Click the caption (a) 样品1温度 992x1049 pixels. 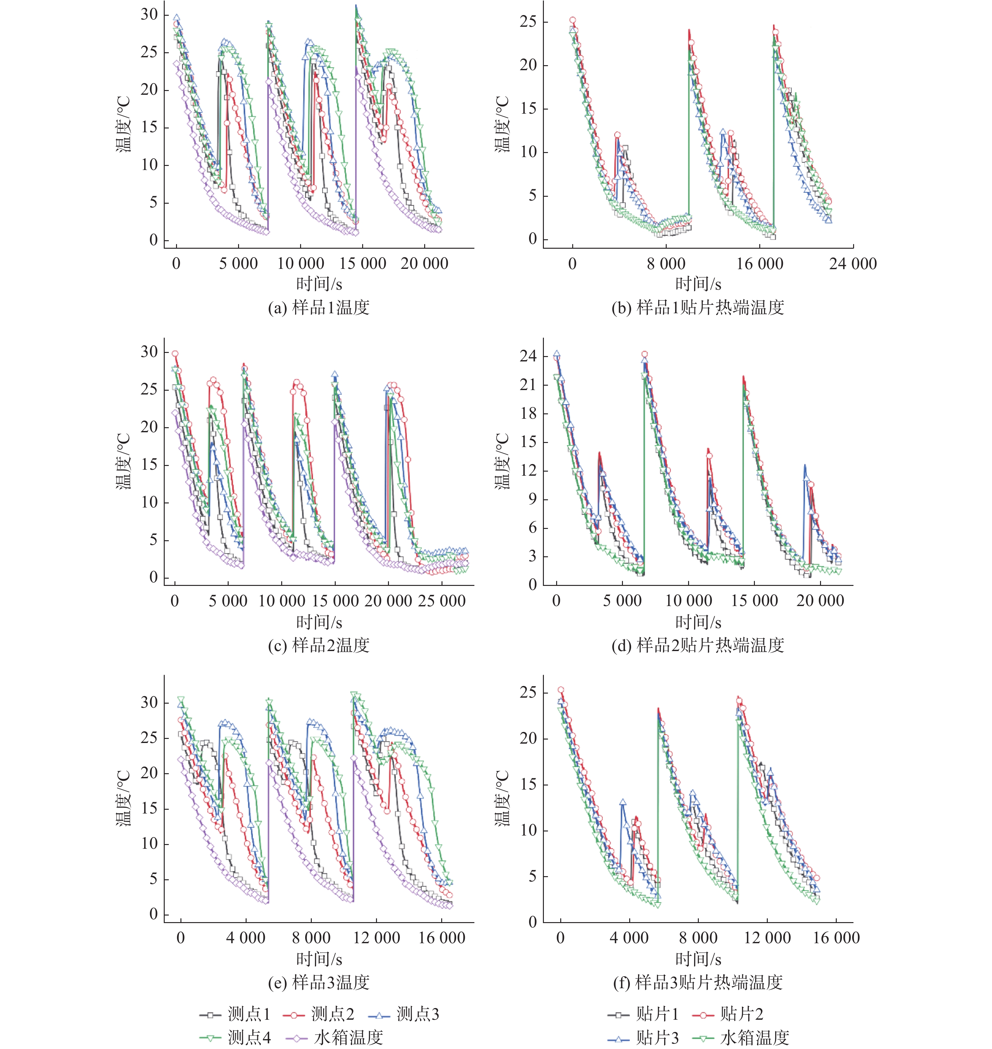point(318,307)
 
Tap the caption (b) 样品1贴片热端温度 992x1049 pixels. point(698,307)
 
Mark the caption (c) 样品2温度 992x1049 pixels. point(318,645)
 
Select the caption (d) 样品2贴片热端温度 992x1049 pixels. point(698,645)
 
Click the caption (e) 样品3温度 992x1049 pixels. point(318,982)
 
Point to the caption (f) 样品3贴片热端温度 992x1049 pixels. point(698,982)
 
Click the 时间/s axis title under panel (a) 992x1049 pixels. point(319,285)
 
